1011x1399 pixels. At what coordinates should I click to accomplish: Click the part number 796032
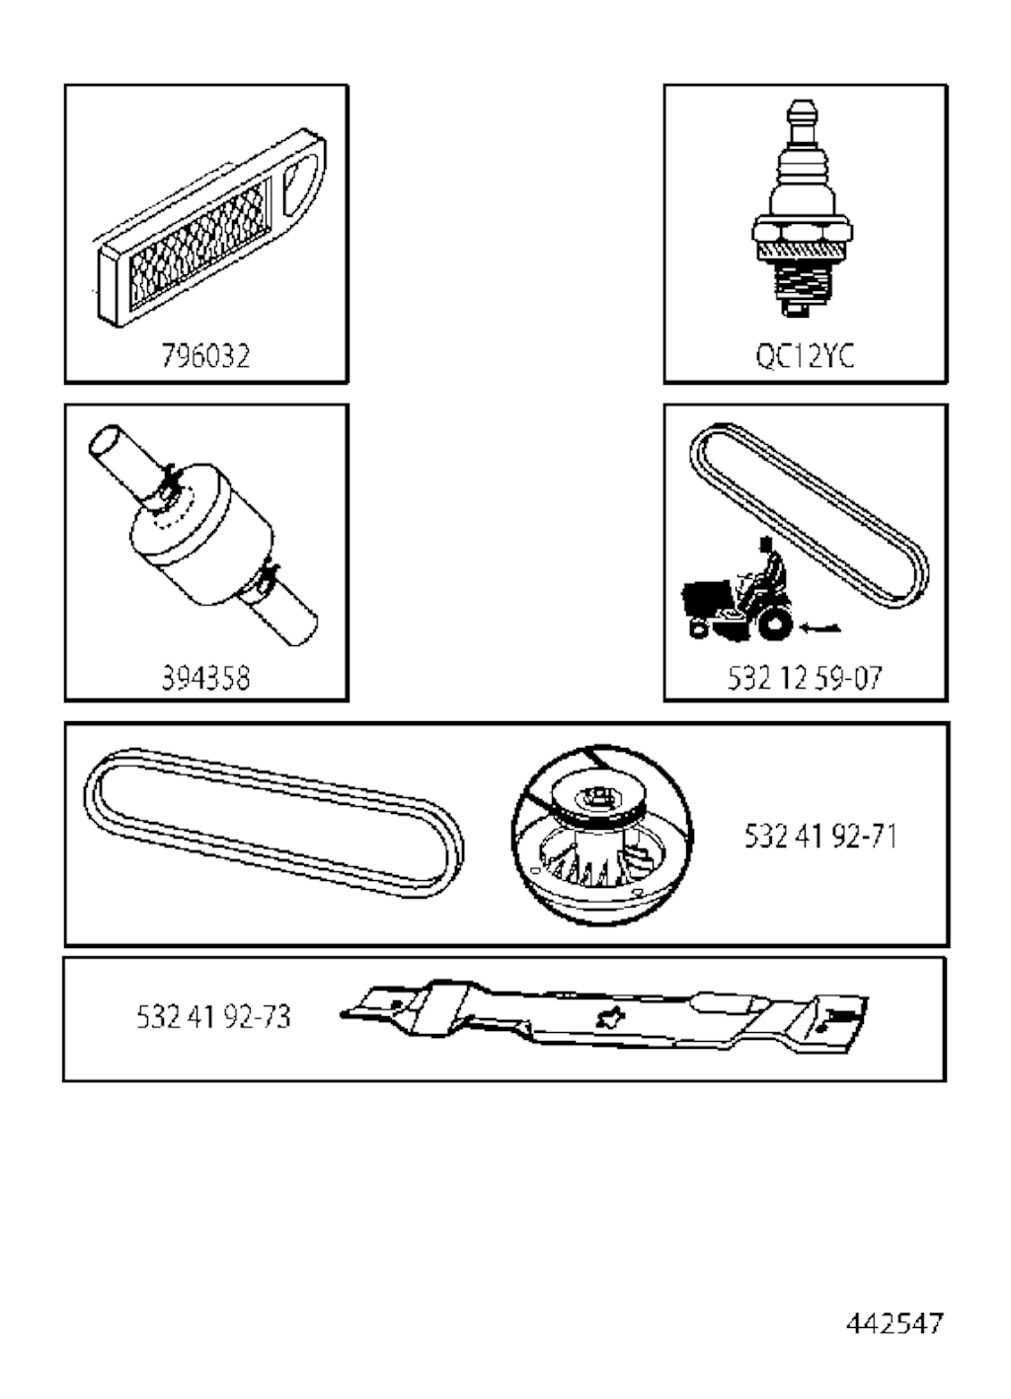pos(205,356)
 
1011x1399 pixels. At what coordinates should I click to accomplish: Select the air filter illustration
pos(210,227)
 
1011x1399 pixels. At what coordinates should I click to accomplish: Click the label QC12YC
pos(805,356)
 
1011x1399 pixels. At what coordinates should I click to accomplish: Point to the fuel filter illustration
pos(203,536)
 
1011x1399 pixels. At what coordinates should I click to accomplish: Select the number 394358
pos(205,678)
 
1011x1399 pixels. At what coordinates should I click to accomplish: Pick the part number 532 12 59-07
pos(805,678)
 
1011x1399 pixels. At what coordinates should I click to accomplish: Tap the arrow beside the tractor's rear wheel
pos(820,627)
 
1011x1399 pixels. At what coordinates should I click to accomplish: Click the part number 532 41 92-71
pos(820,837)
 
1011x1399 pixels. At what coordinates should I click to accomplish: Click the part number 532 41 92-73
pos(213,1017)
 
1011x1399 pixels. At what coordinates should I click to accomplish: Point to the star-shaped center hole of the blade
pos(607,1018)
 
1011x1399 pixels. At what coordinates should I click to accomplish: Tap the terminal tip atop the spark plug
pos(802,112)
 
